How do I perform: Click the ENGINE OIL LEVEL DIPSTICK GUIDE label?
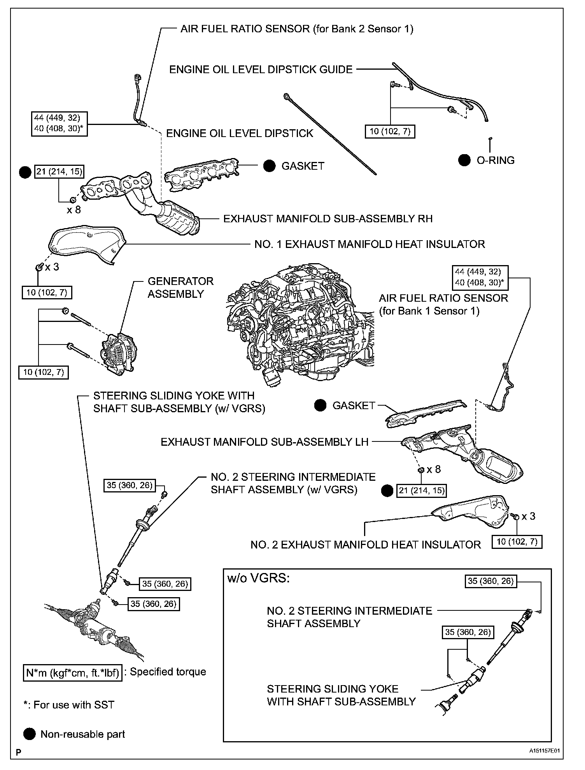coord(261,70)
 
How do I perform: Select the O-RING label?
coord(495,160)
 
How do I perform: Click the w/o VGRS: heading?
coord(258,578)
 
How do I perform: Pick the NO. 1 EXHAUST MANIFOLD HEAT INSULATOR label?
coord(370,244)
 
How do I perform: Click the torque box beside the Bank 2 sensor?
coord(59,123)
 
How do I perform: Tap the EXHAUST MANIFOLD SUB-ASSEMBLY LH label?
coord(264,442)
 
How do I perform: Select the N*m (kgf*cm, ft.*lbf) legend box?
coord(73,672)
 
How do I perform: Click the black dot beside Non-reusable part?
coord(29,734)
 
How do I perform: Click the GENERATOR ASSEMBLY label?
coord(180,287)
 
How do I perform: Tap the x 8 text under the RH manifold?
coord(74,210)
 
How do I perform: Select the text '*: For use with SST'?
coord(68,705)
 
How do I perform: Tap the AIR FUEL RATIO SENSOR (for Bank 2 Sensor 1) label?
coord(296,29)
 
